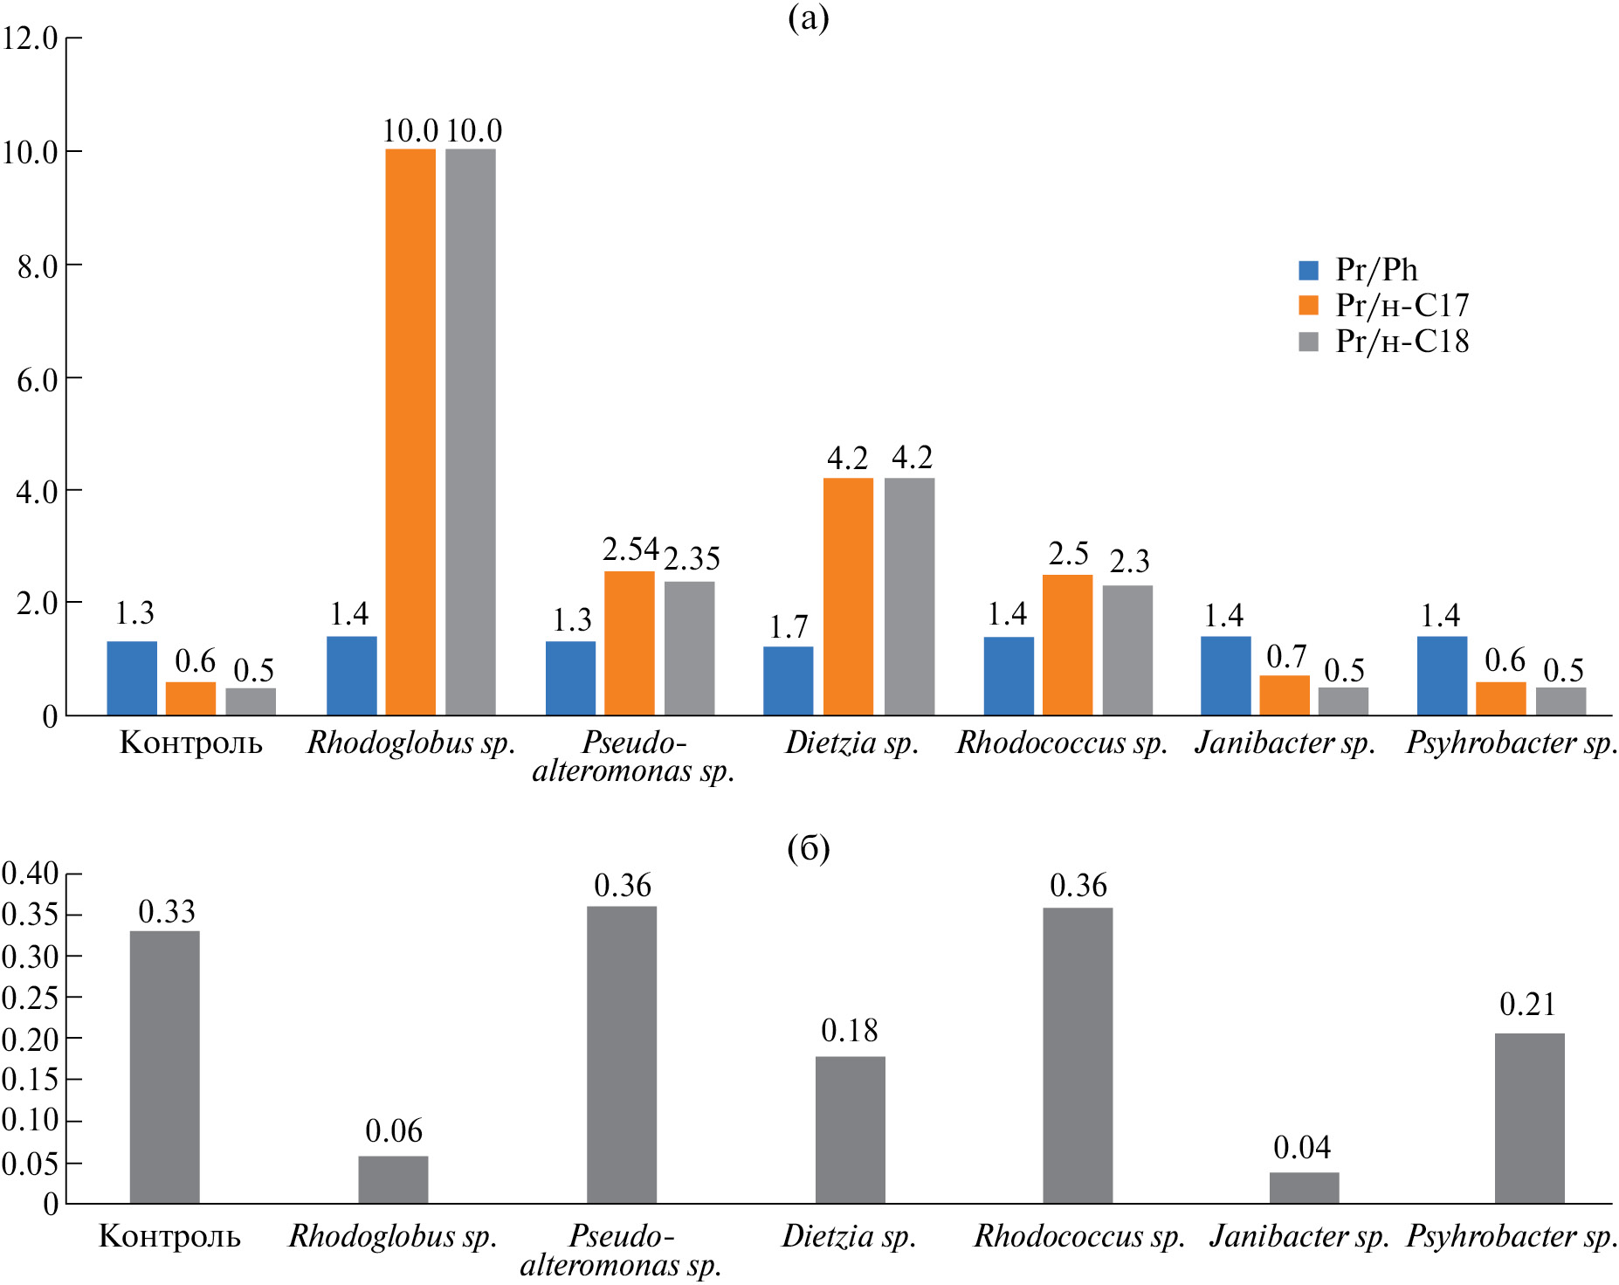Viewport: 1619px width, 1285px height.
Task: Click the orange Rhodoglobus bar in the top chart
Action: [410, 432]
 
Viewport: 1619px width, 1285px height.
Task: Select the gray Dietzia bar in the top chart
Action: [909, 597]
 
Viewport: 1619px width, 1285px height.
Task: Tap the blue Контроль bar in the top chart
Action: [132, 679]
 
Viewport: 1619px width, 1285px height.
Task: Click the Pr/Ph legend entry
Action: [1375, 270]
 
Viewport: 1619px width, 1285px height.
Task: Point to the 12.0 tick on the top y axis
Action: [31, 38]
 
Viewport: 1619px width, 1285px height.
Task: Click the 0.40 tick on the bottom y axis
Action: [31, 874]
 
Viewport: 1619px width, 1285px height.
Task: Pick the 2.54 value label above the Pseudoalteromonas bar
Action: [630, 549]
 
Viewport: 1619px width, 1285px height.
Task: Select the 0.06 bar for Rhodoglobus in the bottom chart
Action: [393, 1179]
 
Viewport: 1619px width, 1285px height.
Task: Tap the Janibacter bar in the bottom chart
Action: [1304, 1188]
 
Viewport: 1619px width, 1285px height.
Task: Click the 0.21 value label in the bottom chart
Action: [1528, 1005]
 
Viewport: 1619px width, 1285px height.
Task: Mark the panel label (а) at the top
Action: [809, 17]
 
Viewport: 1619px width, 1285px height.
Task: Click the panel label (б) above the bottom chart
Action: [809, 848]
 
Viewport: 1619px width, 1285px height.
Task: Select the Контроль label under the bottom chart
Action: [169, 1236]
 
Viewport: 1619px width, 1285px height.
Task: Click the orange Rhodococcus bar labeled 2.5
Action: [1067, 645]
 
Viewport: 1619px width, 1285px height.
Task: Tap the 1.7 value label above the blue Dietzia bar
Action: [789, 627]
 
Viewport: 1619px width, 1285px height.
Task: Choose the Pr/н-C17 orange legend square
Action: [1308, 305]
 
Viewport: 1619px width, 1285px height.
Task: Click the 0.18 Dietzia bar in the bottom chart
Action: [851, 1130]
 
